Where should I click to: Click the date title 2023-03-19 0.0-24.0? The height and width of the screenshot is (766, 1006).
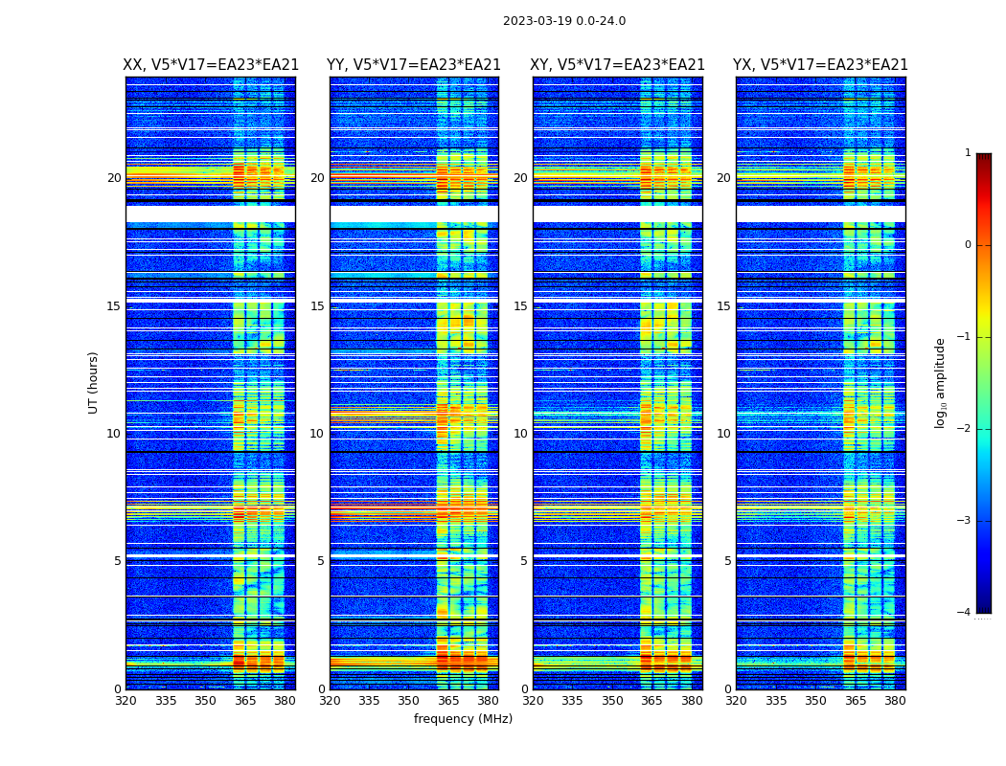[x=564, y=21]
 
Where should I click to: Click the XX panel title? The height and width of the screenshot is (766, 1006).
[x=211, y=65]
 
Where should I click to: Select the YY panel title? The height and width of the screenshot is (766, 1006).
[x=414, y=65]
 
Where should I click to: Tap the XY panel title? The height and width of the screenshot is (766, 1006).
[x=618, y=65]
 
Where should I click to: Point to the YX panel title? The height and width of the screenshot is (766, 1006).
[x=821, y=65]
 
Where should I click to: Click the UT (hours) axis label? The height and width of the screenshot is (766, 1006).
[x=94, y=382]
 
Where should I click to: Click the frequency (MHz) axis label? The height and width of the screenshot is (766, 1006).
[x=463, y=719]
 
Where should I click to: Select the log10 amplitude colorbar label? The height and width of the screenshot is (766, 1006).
[x=941, y=382]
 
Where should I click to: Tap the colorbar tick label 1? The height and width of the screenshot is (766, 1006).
[x=968, y=153]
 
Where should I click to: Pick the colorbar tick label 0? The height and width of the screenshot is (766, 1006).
[x=968, y=245]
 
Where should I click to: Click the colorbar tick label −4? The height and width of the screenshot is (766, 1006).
[x=965, y=613]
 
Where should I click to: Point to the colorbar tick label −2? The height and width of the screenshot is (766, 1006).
[x=965, y=429]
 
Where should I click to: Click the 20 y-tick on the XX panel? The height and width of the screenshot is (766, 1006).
[x=114, y=178]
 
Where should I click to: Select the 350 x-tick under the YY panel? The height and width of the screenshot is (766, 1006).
[x=409, y=700]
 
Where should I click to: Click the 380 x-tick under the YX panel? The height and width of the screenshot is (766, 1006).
[x=895, y=700]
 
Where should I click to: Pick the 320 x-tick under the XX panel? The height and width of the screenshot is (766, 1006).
[x=126, y=700]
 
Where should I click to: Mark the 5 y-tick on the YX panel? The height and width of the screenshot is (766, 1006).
[x=728, y=561]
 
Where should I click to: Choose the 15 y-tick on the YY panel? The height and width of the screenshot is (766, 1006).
[x=317, y=306]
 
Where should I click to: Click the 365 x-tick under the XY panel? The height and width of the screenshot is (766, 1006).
[x=652, y=700]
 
